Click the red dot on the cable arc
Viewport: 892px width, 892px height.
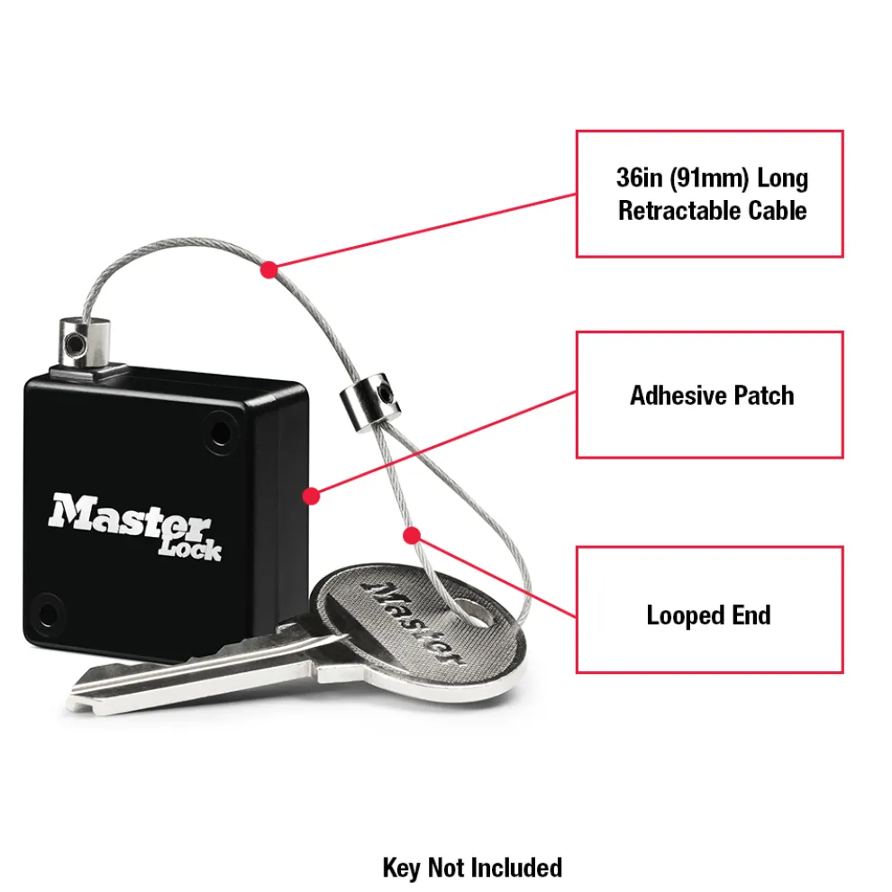268,269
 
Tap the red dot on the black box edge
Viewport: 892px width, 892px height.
311,496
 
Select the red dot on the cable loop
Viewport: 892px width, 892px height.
411,536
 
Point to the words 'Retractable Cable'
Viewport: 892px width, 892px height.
712,211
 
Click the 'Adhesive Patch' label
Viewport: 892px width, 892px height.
712,395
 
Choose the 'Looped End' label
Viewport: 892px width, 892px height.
709,615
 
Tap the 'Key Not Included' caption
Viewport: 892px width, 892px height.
472,868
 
